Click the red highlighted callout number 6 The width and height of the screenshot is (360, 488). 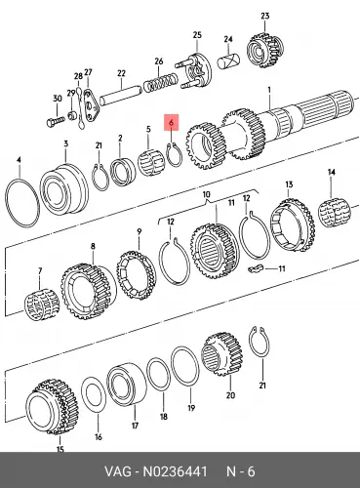[x=172, y=123]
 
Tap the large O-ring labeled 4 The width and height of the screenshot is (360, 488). [x=7, y=202]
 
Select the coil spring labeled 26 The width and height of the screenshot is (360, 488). [x=161, y=83]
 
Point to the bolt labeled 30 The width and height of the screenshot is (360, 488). [x=57, y=123]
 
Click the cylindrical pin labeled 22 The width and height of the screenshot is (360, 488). [x=120, y=95]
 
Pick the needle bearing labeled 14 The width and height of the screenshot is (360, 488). [x=334, y=213]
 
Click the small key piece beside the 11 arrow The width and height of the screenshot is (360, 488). [x=255, y=268]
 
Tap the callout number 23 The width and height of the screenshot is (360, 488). [x=265, y=16]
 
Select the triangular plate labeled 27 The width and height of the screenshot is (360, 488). [x=91, y=105]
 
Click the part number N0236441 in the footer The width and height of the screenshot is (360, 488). [x=175, y=471]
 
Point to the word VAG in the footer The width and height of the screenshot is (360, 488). [x=118, y=471]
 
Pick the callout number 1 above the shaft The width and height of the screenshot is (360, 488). [x=269, y=89]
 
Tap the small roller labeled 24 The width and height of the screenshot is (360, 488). [x=228, y=62]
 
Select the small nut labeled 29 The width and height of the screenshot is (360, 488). [x=72, y=115]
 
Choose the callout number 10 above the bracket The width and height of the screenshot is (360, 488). [x=207, y=194]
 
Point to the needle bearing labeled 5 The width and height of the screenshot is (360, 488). [x=150, y=161]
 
